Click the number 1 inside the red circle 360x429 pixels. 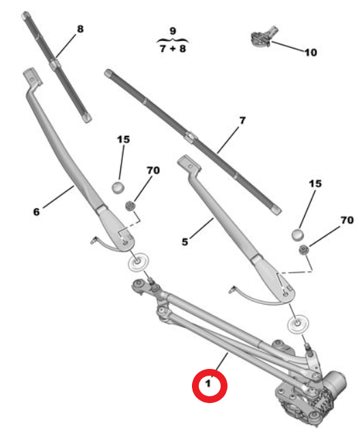click(x=208, y=384)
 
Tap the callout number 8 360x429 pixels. click(x=80, y=29)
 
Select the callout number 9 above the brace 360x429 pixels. click(x=173, y=31)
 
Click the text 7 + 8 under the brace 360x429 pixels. click(x=173, y=49)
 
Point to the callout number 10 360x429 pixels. click(x=311, y=52)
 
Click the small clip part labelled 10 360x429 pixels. click(x=262, y=37)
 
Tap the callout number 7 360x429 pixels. click(x=243, y=120)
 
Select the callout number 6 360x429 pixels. click(x=36, y=212)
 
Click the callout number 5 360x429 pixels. click(x=185, y=242)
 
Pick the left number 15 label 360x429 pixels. click(x=124, y=139)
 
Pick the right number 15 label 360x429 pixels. click(x=315, y=184)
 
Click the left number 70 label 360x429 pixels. click(x=153, y=171)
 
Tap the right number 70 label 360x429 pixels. click(x=347, y=220)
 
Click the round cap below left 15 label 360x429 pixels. click(x=118, y=188)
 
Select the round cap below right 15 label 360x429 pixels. click(x=298, y=235)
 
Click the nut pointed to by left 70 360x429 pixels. click(x=130, y=206)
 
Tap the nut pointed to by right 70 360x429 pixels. click(x=303, y=250)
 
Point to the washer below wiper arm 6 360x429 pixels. click(x=139, y=262)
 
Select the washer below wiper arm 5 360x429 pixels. click(x=298, y=324)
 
